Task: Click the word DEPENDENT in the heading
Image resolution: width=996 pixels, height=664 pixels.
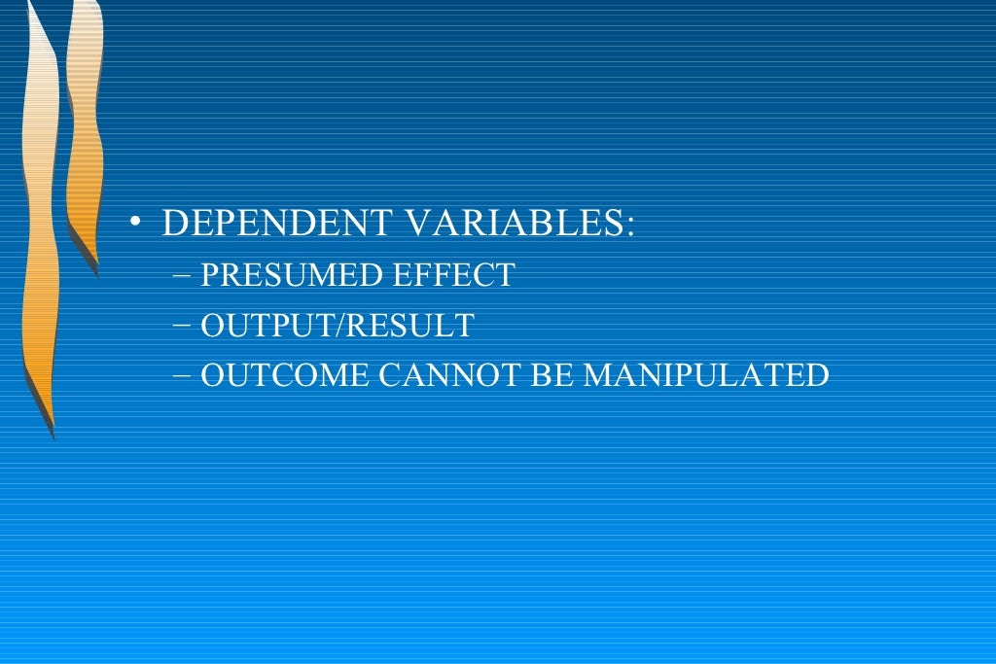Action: [x=278, y=224]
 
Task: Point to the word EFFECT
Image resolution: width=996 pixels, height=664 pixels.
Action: [x=452, y=275]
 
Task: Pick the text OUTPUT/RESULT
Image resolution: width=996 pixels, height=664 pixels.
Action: [x=338, y=325]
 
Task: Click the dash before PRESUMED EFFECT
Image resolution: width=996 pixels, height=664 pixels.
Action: [x=185, y=276]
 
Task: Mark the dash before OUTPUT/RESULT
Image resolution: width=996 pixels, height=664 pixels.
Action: [x=185, y=326]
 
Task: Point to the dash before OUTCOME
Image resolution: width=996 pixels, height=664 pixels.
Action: [x=185, y=375]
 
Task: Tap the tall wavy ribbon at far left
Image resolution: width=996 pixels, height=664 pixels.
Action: [x=39, y=214]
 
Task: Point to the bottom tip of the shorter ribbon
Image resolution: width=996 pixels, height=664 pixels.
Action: [x=96, y=272]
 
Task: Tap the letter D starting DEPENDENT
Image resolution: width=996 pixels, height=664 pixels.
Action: [x=173, y=224]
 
